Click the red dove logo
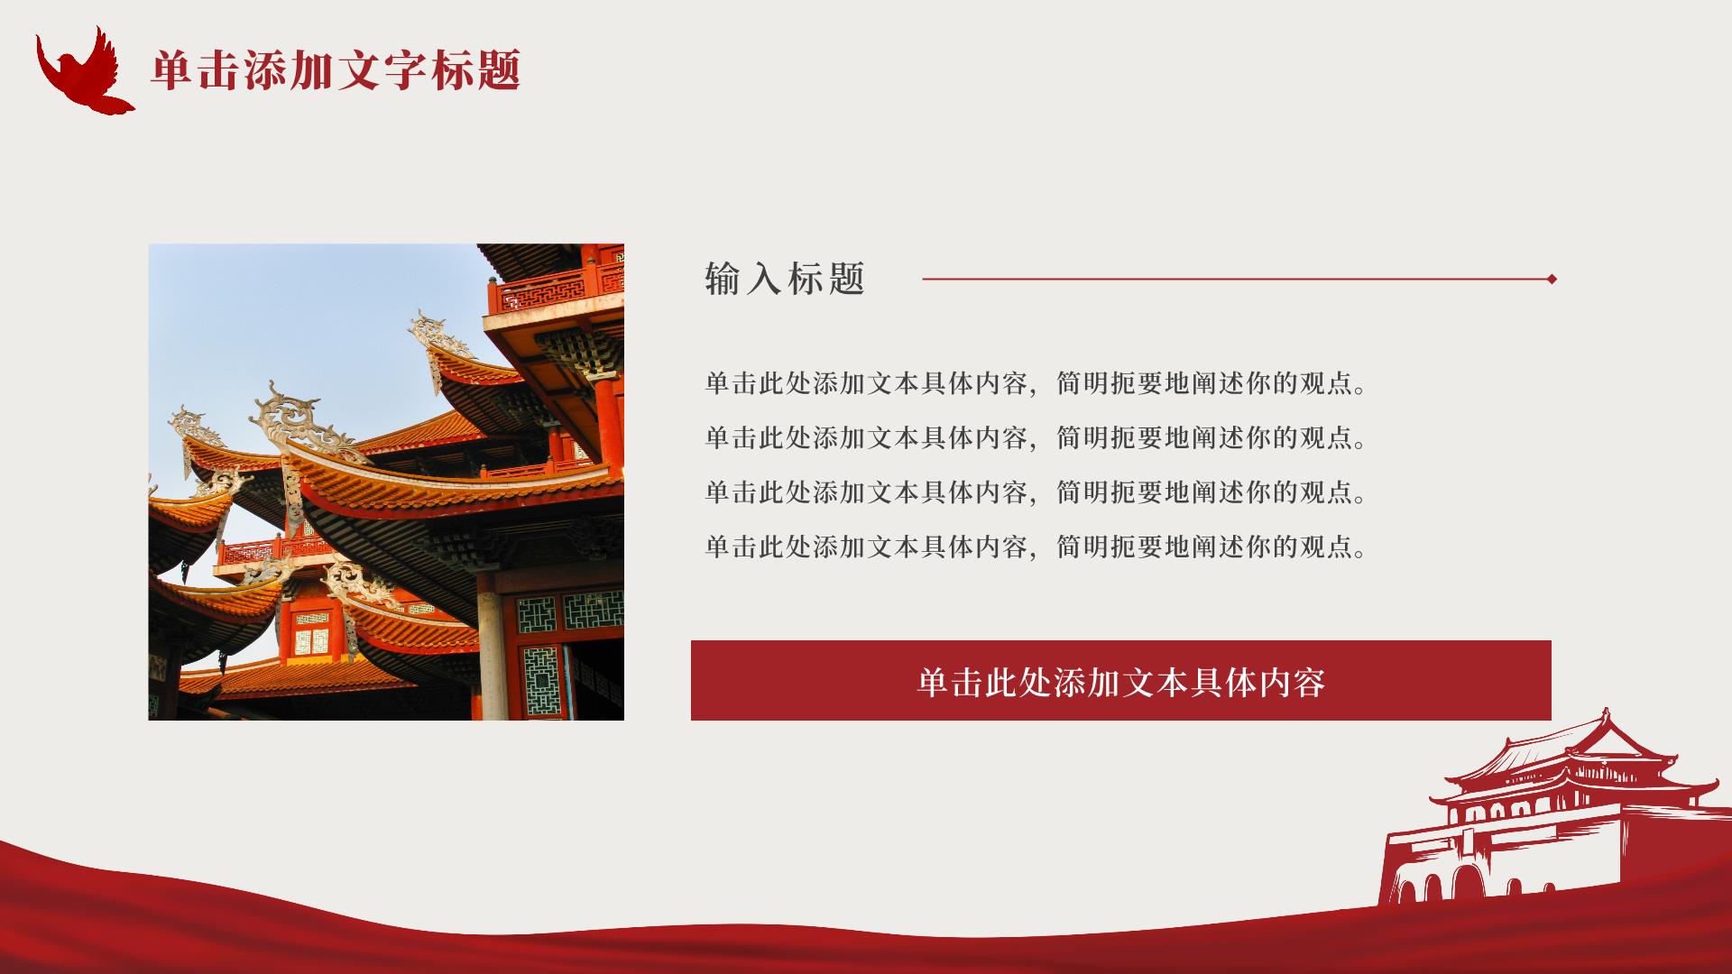tap(83, 72)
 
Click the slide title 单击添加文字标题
tap(336, 70)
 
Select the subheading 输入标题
tap(785, 279)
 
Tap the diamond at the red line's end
tap(1552, 279)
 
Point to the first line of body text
tap(1037, 384)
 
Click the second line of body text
tap(1037, 438)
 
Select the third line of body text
tap(1037, 492)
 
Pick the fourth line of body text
tap(1037, 547)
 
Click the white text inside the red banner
tap(1121, 682)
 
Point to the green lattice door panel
tap(542, 681)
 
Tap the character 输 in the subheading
tap(723, 279)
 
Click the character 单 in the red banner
tap(934, 682)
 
